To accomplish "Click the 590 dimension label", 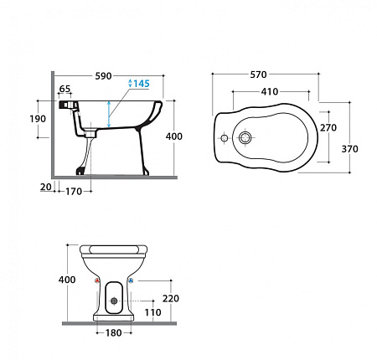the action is pyautogui.click(x=103, y=76).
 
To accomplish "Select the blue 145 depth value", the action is pyautogui.click(x=142, y=84).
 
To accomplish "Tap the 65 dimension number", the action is pyautogui.click(x=65, y=89).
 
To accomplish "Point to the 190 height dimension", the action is pyautogui.click(x=38, y=119).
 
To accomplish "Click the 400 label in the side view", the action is pyautogui.click(x=174, y=136).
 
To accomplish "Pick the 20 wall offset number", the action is pyautogui.click(x=46, y=187).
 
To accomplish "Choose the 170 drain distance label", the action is pyautogui.click(x=74, y=192).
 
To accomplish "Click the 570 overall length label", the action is pyautogui.click(x=258, y=75).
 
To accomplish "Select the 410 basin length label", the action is pyautogui.click(x=270, y=91).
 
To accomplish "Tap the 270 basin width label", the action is pyautogui.click(x=328, y=127).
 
